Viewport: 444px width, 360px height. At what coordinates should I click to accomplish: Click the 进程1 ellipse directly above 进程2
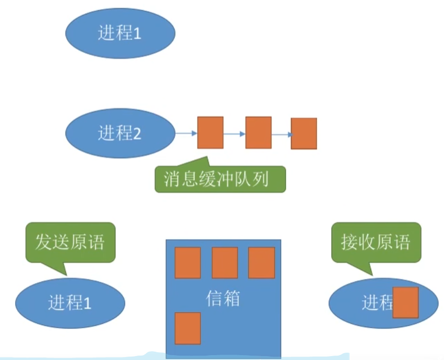click(120, 34)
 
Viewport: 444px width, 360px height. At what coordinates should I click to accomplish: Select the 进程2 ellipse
click(120, 133)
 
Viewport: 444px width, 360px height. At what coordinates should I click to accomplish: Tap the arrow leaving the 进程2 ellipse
click(186, 133)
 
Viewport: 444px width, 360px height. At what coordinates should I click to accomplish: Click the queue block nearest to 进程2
click(210, 133)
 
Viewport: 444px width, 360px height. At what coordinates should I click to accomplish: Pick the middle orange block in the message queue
click(258, 133)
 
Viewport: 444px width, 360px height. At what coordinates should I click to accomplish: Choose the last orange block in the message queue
click(304, 134)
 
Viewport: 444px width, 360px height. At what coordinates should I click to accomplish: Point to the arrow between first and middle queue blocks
click(234, 133)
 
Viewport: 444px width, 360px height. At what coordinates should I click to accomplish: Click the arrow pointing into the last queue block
click(281, 134)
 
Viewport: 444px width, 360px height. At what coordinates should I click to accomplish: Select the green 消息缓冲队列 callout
click(220, 180)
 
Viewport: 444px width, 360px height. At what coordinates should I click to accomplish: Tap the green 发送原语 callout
click(70, 243)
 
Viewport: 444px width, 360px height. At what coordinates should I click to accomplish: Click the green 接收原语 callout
click(376, 243)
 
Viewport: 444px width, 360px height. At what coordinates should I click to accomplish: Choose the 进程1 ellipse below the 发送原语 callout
click(70, 303)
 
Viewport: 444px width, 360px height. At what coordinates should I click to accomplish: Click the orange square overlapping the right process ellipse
click(405, 303)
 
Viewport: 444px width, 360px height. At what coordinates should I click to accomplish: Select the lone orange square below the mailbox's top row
click(188, 328)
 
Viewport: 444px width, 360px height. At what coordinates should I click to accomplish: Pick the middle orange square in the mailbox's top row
click(224, 263)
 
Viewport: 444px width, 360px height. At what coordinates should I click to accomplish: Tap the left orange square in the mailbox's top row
click(188, 263)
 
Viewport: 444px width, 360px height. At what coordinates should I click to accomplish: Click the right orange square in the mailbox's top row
click(262, 263)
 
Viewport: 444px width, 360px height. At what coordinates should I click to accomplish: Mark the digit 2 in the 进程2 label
click(136, 133)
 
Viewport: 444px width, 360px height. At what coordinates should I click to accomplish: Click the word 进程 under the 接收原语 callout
click(377, 303)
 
